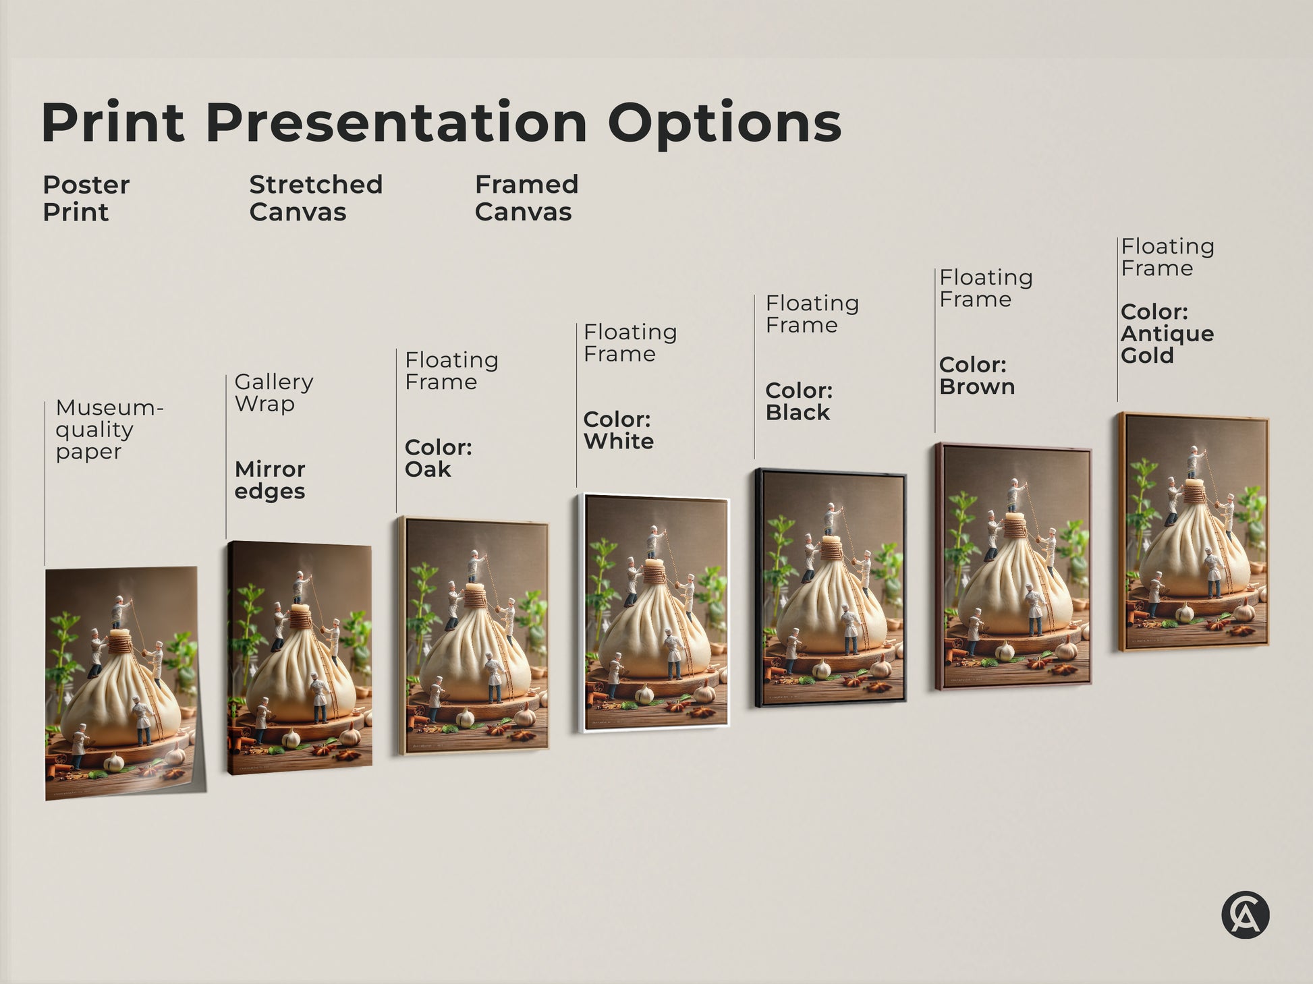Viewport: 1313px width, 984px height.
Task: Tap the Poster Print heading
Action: point(86,198)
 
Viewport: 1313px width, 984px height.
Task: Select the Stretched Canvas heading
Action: point(315,198)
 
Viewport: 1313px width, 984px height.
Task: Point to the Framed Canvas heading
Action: point(526,198)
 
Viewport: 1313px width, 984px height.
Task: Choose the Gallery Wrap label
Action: point(273,393)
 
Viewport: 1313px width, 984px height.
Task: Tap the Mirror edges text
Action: point(270,480)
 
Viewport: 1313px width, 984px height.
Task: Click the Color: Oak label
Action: point(438,458)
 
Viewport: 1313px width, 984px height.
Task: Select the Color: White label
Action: point(618,430)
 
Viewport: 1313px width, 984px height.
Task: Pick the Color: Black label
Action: point(799,401)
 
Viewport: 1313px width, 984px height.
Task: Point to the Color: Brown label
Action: point(976,376)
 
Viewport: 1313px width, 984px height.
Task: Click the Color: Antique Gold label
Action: point(1167,333)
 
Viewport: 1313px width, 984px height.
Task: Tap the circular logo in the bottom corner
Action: point(1245,915)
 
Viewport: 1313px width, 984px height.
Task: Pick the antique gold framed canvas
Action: point(1194,532)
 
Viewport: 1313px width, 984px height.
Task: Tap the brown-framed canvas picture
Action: point(1013,565)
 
